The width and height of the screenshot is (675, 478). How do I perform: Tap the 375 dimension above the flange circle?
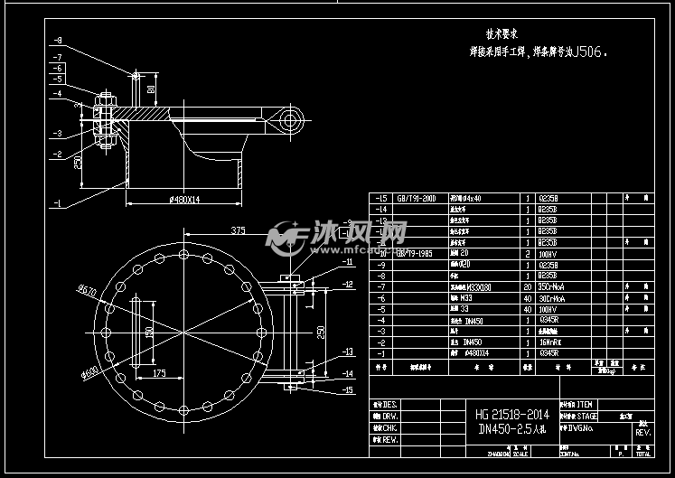[x=239, y=230]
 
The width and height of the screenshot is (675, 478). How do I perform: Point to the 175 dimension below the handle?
[x=158, y=371]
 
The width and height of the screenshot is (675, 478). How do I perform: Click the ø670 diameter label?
[x=88, y=290]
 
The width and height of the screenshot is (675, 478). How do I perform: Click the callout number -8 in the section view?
[x=57, y=41]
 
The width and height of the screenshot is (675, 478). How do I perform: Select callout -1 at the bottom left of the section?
[x=57, y=203]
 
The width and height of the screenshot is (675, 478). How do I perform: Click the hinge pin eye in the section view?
[x=290, y=118]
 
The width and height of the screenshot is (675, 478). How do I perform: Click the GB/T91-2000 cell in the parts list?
[x=416, y=198]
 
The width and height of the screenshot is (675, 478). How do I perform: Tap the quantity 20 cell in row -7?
[x=528, y=286]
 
